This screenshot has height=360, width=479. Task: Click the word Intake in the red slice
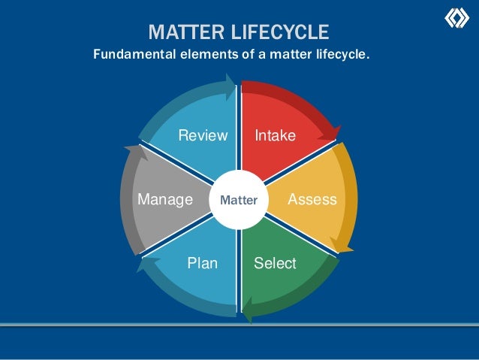pyautogui.click(x=276, y=136)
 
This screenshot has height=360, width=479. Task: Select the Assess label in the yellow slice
pyautogui.click(x=312, y=200)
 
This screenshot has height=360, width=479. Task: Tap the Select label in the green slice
pyautogui.click(x=275, y=264)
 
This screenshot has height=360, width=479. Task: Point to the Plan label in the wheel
pyautogui.click(x=202, y=264)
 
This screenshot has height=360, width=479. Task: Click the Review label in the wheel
pyautogui.click(x=202, y=136)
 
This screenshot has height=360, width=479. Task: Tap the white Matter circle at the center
pyautogui.click(x=239, y=201)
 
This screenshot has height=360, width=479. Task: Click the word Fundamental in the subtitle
pyautogui.click(x=129, y=54)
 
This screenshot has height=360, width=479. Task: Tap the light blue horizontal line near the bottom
pyautogui.click(x=239, y=324)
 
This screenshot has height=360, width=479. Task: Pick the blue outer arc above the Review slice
pyautogui.click(x=188, y=94)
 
